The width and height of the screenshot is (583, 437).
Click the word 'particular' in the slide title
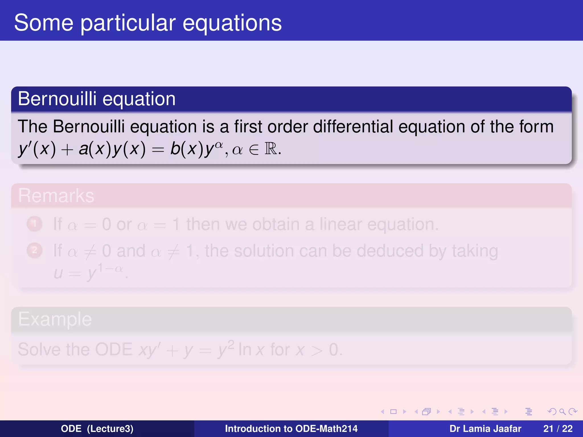(x=128, y=23)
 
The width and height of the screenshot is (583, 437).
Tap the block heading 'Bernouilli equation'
(x=97, y=99)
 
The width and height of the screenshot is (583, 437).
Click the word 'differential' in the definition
(x=353, y=127)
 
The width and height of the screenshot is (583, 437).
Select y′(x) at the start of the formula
(x=37, y=149)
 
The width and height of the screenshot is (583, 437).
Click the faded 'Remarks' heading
(x=56, y=196)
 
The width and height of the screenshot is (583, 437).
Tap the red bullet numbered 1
(x=34, y=224)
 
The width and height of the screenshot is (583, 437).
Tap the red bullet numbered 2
(x=34, y=250)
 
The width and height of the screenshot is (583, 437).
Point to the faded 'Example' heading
(x=55, y=319)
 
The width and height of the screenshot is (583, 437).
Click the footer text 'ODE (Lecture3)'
(x=97, y=429)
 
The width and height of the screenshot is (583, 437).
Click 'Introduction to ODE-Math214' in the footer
(x=291, y=429)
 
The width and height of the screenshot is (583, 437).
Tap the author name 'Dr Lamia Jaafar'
(x=485, y=429)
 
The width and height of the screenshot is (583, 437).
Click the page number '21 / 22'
(x=558, y=429)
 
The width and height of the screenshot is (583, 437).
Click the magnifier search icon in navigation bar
(x=562, y=412)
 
